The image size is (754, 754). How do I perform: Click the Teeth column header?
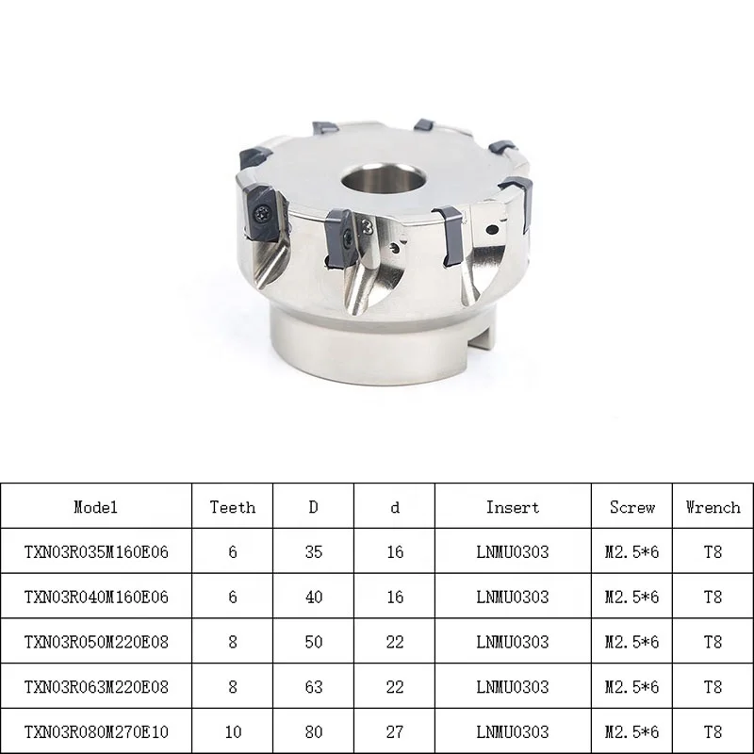point(232,507)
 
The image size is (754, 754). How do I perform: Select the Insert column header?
point(513,507)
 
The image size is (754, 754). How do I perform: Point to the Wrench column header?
point(713,507)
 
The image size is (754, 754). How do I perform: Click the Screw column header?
point(631,507)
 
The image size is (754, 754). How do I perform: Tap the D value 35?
point(313,552)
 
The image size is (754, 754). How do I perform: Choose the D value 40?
point(313,598)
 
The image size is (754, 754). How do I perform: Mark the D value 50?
point(313,642)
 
